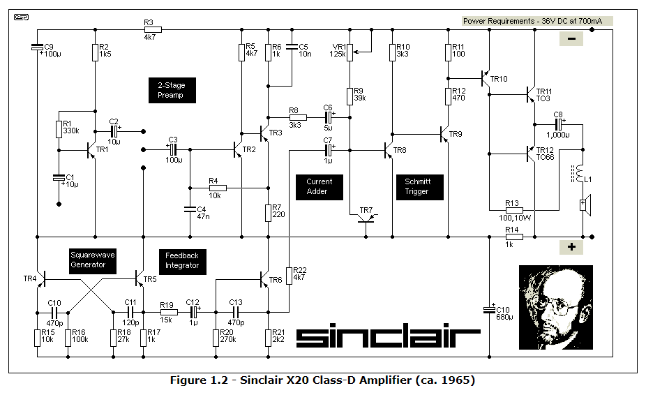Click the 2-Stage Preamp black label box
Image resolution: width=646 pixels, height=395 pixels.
[172, 90]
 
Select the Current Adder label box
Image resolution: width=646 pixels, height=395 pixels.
[320, 186]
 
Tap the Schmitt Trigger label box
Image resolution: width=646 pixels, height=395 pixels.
[418, 186]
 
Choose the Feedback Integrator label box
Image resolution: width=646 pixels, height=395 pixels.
[182, 260]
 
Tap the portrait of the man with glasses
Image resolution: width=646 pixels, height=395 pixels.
[555, 307]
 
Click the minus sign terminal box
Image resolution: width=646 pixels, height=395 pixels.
[571, 39]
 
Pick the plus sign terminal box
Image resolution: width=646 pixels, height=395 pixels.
[571, 247]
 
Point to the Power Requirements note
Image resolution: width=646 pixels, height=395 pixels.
[537, 21]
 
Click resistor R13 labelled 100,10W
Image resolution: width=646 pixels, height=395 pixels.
[514, 209]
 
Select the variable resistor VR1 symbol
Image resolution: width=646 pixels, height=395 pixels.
[350, 50]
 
